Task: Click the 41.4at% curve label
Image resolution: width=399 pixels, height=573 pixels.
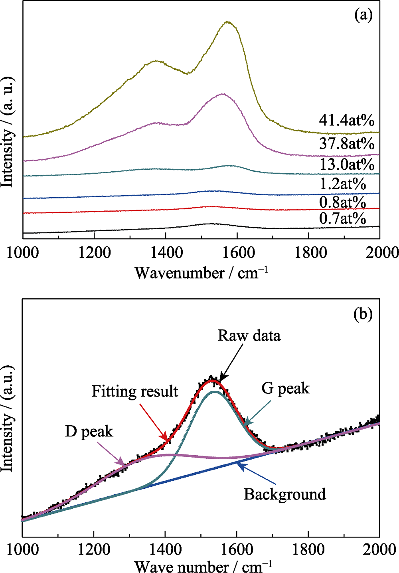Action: point(346,120)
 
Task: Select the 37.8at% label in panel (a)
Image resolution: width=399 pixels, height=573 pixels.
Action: point(346,143)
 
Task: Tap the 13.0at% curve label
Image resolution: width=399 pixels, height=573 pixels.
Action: point(347,164)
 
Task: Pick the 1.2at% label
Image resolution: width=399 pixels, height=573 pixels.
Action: point(342,184)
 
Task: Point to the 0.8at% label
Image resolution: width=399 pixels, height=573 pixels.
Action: point(342,202)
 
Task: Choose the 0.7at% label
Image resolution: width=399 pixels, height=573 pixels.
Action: point(342,218)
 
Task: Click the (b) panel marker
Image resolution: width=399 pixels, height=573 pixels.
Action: point(363,314)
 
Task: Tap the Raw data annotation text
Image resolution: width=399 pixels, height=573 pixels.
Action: point(249,336)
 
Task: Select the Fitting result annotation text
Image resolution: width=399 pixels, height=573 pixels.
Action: point(135,391)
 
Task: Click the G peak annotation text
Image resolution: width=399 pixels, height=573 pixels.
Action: point(285,388)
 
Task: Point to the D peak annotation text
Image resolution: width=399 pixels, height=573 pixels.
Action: point(89,432)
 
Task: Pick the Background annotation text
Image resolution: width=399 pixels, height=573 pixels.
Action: point(285,494)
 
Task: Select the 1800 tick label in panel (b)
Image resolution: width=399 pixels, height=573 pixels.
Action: point(308,550)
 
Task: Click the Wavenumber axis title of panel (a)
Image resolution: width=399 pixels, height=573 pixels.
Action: point(201,273)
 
